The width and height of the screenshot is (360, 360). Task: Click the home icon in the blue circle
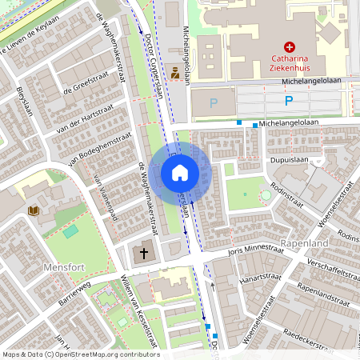tap(180, 173)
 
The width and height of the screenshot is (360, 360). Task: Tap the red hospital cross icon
tap(290, 48)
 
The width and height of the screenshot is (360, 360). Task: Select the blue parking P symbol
tap(289, 101)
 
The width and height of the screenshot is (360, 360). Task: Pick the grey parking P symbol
tap(213, 102)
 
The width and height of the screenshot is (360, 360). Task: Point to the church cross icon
tap(144, 254)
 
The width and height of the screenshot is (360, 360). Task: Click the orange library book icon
tap(34, 211)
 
